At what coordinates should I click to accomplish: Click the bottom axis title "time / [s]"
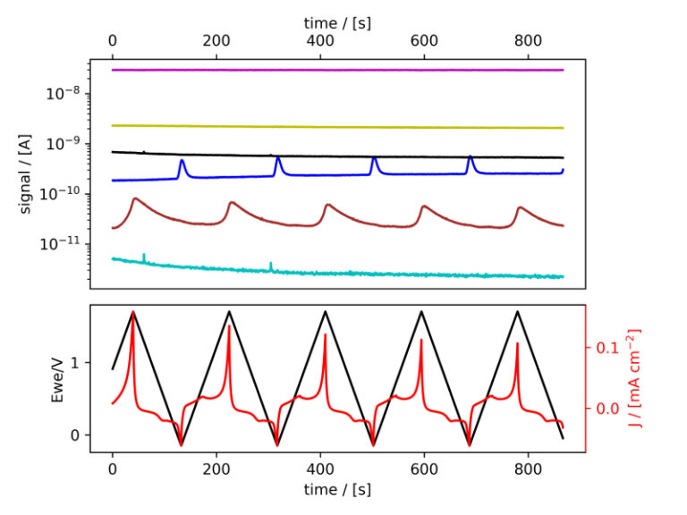(337, 489)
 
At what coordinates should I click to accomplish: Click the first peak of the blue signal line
(182, 161)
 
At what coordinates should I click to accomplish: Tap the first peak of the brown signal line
(134, 198)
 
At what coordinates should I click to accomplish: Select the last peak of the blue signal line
(470, 157)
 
